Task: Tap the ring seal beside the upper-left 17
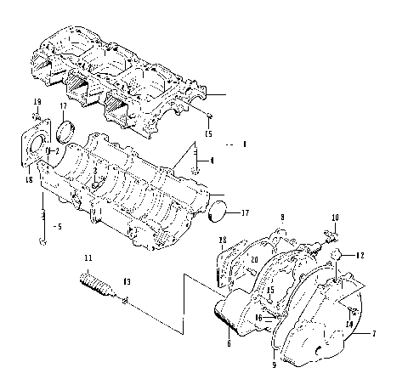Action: pos(65,131)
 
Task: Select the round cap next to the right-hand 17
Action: pos(218,211)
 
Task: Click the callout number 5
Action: pos(57,227)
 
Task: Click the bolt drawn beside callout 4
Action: pos(196,159)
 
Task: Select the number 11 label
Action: pos(87,257)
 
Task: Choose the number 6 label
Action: pos(229,344)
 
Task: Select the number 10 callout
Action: pos(334,218)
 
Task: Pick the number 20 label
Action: pos(254,260)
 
